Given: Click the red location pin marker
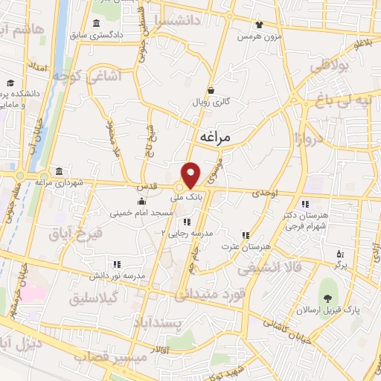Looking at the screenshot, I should point(191,174).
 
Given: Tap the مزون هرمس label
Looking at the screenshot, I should point(257,36).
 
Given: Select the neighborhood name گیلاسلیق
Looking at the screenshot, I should point(100,298).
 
